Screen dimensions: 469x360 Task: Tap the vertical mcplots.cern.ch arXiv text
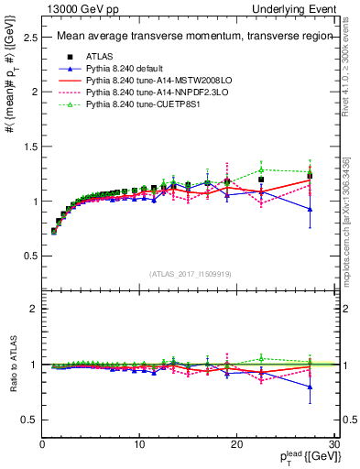click(x=350, y=220)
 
